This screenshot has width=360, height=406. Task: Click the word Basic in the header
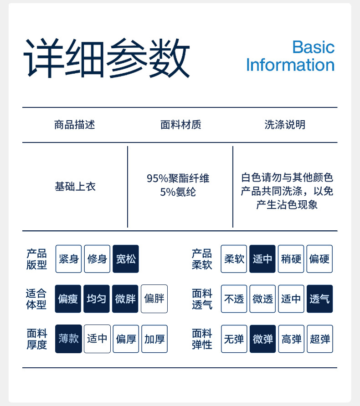313,47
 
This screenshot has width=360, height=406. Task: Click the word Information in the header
290,65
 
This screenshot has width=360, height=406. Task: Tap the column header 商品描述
75,125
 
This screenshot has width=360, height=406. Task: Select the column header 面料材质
181,125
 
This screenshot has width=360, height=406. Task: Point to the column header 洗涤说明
285,125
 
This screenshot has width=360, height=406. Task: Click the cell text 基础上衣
75,187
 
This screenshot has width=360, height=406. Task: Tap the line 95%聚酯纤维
178,178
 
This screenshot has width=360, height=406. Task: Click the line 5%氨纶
178,192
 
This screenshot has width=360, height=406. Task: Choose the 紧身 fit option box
69,259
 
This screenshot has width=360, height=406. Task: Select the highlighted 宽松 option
126,259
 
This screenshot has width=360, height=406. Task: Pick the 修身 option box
97,259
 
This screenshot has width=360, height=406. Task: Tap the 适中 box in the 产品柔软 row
262,259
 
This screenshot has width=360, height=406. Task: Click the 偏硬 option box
319,259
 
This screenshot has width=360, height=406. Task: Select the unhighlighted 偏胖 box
154,299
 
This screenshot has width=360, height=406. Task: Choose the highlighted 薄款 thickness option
69,339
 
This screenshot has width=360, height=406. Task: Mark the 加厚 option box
154,339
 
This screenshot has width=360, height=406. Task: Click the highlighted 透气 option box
319,299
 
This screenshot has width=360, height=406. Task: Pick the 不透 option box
234,299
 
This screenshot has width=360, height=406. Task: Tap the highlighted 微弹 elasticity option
262,339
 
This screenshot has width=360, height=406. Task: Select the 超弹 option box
319,339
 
